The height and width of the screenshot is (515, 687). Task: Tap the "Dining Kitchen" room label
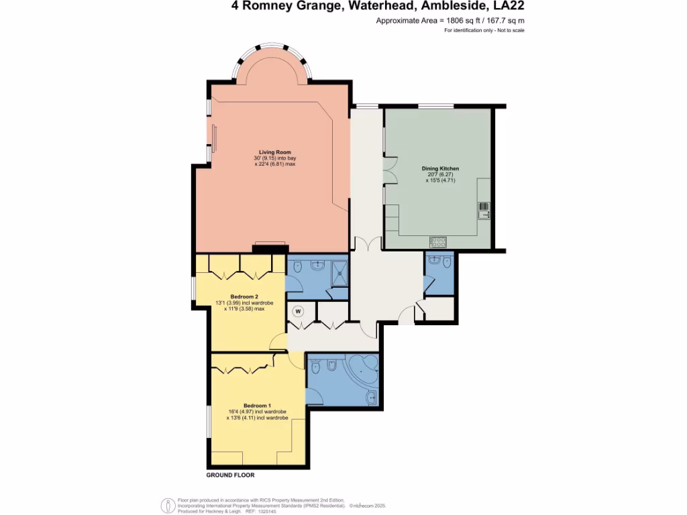[x=440, y=168]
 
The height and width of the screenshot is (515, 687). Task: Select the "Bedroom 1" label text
[x=257, y=406]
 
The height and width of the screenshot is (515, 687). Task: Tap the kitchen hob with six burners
[x=438, y=241]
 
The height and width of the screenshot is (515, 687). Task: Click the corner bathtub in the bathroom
[x=363, y=369]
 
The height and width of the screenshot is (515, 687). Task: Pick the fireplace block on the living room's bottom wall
[x=269, y=249]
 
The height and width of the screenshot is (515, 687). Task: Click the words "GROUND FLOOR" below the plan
[x=230, y=475]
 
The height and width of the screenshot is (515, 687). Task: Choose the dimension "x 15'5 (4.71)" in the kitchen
[x=440, y=180]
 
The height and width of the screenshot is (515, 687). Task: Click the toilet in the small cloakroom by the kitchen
[x=438, y=262]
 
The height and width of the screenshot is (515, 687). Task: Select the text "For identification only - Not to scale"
[x=484, y=31]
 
